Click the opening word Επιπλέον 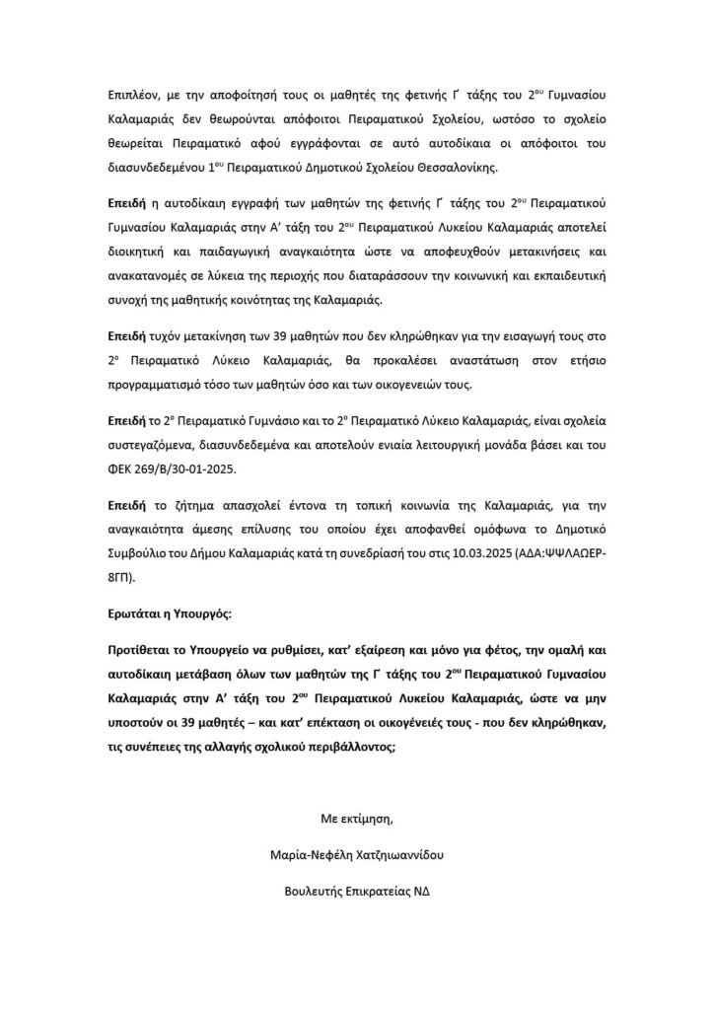point(133,101)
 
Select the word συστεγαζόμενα point(153,445)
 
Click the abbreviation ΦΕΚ point(122,467)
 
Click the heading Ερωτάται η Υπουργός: point(170,615)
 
